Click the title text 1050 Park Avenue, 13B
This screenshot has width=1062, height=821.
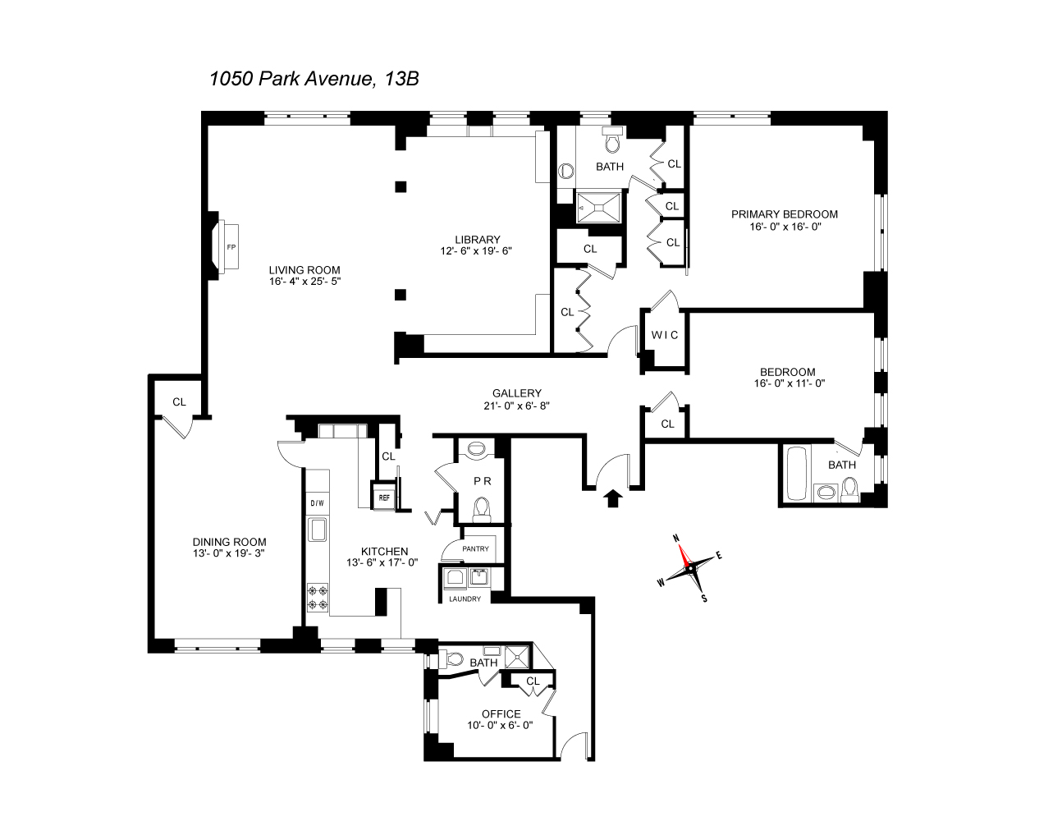315,79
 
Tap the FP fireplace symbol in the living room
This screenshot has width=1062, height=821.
231,245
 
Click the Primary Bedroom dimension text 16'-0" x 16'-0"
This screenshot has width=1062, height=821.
785,227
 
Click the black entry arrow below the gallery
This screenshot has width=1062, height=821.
612,498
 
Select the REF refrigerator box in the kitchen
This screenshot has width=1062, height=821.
383,498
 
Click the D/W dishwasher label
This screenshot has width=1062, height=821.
316,503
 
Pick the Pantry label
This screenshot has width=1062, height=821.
475,549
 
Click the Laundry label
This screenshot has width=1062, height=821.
465,599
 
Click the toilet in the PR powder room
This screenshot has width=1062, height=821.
482,509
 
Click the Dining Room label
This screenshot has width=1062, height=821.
229,542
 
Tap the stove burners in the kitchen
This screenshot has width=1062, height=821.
318,597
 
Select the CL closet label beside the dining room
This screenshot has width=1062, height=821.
179,402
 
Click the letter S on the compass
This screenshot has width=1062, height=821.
704,598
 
